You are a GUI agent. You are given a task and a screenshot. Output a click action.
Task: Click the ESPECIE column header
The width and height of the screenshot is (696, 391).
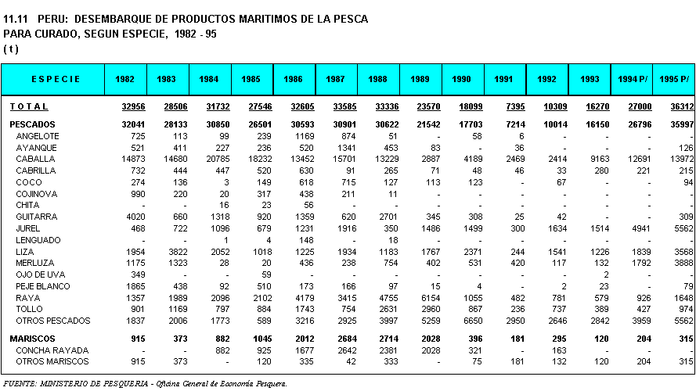56,79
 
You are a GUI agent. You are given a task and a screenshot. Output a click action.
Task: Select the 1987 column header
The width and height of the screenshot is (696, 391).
335,79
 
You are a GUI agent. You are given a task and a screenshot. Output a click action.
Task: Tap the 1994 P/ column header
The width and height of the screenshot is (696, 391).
632,79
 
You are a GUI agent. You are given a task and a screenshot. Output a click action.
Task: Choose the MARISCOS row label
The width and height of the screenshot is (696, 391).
32,339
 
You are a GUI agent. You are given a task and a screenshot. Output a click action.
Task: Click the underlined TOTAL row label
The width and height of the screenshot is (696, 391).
29,107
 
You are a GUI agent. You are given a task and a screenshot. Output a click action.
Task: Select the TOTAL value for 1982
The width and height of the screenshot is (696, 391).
134,107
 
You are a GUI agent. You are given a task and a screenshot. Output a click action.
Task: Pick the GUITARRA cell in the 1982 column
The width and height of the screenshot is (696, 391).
135,217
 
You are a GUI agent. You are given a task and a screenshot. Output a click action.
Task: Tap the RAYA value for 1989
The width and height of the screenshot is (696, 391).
431,299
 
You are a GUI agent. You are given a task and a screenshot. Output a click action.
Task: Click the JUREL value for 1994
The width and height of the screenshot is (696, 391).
641,229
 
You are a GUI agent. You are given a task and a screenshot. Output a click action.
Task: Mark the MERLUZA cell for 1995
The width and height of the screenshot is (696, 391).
683,264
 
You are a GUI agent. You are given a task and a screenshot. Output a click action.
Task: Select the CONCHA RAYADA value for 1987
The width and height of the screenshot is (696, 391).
347,350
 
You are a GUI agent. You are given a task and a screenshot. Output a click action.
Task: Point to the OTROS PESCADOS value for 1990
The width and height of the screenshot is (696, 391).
473,321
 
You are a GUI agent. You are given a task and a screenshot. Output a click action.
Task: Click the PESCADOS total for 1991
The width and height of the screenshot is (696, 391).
515,125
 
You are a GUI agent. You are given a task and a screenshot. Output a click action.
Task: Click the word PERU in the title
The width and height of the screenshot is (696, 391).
53,19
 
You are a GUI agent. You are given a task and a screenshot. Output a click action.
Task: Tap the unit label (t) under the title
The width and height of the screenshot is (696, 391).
11,49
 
